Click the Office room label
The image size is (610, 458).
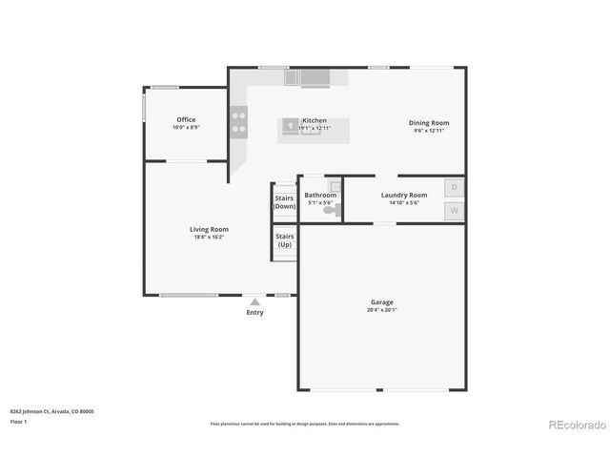[x=186, y=120]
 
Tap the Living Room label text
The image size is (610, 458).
[x=209, y=229]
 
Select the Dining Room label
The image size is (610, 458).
[x=429, y=122]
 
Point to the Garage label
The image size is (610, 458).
[x=381, y=302]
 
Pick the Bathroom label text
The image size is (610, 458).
[x=320, y=195]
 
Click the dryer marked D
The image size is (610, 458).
[x=455, y=188]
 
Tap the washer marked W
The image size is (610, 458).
[x=455, y=211]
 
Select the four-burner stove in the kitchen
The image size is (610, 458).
[x=238, y=122]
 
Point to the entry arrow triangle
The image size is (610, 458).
[x=254, y=302]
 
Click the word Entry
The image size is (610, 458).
[x=254, y=313]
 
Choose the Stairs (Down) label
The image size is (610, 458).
[x=284, y=202]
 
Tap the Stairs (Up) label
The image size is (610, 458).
[x=284, y=240]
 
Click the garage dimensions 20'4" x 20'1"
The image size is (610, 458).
[x=381, y=310]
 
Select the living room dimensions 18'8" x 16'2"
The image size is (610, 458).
[x=208, y=237]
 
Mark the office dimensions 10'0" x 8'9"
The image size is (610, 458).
[x=186, y=128]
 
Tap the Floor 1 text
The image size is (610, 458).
[x=19, y=421]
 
